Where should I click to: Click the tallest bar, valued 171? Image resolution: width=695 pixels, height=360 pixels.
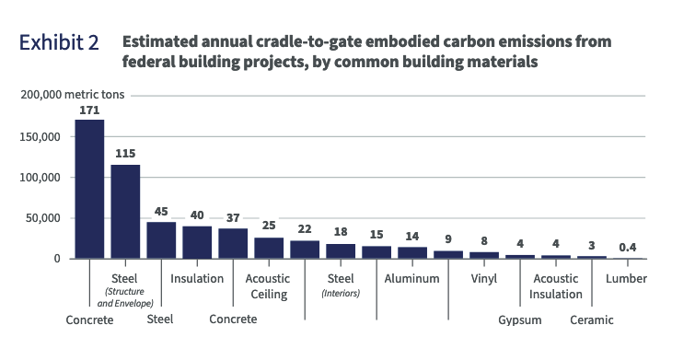[x=89, y=189]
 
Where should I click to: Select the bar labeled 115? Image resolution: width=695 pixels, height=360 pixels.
[x=125, y=212]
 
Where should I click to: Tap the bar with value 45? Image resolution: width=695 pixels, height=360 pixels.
[x=161, y=240]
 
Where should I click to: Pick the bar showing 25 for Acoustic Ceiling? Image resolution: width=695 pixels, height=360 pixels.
[x=269, y=248]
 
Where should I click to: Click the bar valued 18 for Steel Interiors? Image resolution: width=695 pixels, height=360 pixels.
[x=341, y=250]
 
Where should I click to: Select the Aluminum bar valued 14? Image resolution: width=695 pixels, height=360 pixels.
[x=412, y=252]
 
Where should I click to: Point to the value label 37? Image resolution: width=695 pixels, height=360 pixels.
[x=233, y=217]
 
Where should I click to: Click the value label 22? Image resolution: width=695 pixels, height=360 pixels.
[x=305, y=229]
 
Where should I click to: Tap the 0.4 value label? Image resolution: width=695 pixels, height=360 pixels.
[x=628, y=247]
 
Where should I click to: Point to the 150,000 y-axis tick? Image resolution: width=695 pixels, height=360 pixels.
[x=39, y=136]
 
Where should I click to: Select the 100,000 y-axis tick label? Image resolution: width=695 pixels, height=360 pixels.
[x=39, y=177]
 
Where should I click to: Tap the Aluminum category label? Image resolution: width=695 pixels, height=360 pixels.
[x=412, y=278]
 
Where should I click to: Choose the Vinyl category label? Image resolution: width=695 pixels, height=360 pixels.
[x=484, y=278]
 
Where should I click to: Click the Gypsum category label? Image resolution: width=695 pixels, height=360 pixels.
[x=520, y=319]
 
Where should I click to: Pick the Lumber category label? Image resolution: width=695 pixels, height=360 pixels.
[x=626, y=278]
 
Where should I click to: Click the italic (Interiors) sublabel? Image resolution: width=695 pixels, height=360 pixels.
[x=341, y=294]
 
